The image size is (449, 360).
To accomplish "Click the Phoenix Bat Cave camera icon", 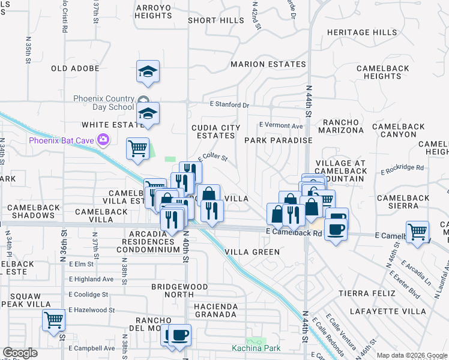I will [x=104, y=140].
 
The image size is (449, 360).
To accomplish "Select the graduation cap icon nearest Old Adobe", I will [x=148, y=72].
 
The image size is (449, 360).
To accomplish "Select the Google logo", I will [x=20, y=353].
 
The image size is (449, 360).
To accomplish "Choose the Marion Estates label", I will [x=268, y=64].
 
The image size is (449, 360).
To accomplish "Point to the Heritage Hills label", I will [x=361, y=32].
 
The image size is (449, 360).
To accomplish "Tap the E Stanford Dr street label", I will [x=229, y=105].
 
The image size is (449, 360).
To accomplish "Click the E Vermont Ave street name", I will [x=281, y=125].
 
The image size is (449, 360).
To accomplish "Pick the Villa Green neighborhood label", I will [x=252, y=252].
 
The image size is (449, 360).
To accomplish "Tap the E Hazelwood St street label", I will [x=92, y=310].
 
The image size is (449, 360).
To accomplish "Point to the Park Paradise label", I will [x=278, y=140].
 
